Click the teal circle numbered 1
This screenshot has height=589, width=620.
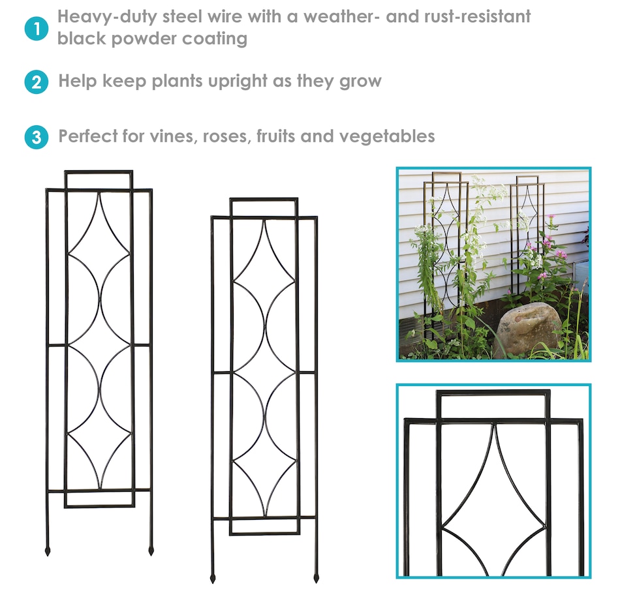pyautogui.click(x=37, y=29)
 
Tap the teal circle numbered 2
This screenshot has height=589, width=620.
pyautogui.click(x=37, y=82)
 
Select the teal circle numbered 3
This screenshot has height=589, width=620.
pyautogui.click(x=37, y=137)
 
